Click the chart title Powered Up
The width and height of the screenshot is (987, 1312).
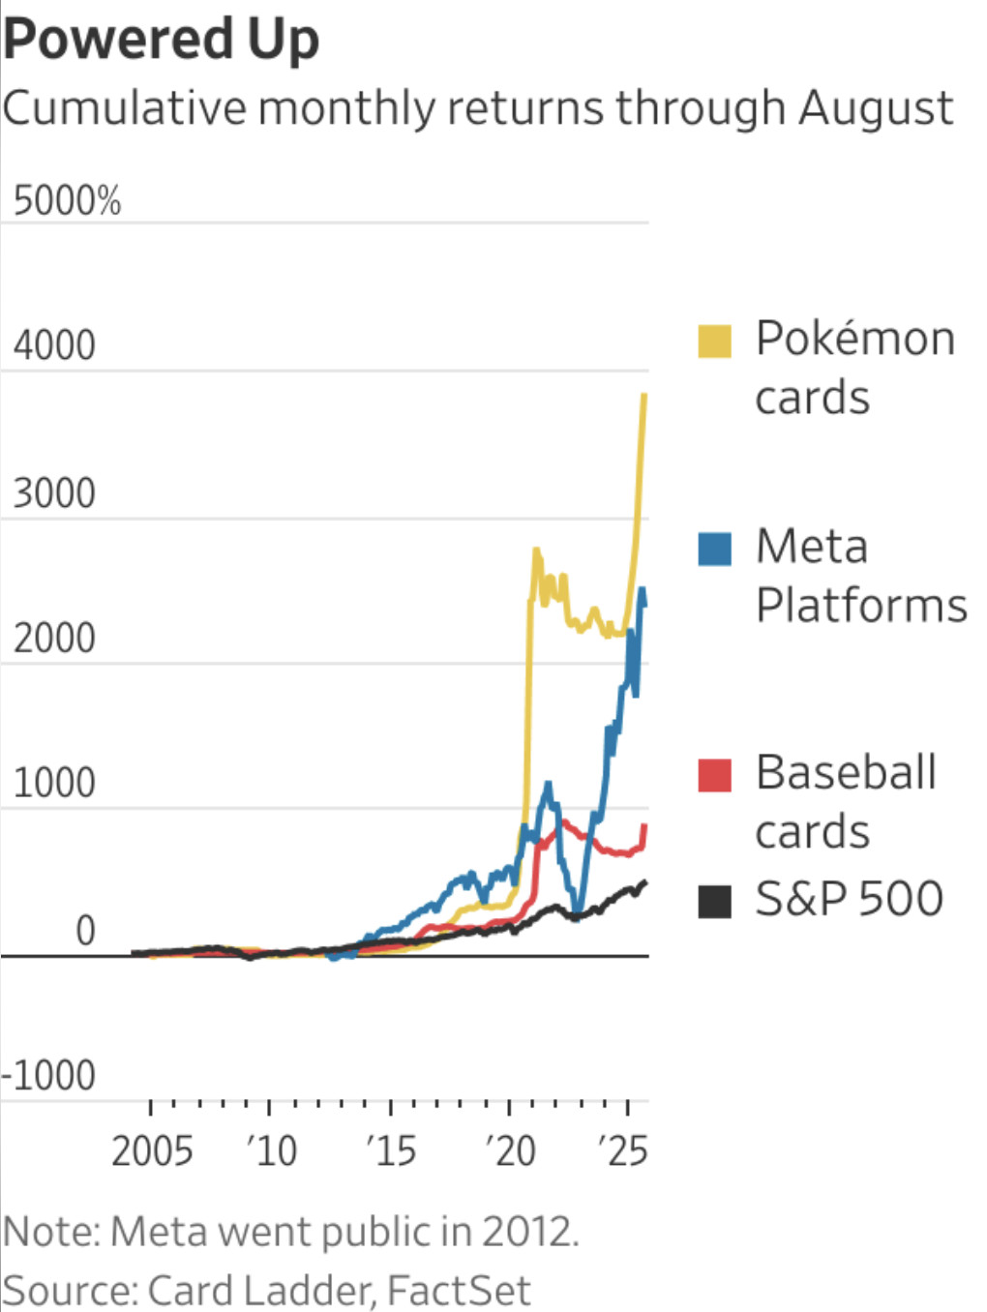[x=161, y=41]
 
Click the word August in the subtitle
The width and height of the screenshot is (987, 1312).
[x=876, y=107]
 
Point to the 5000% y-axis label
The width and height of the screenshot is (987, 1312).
[x=67, y=201]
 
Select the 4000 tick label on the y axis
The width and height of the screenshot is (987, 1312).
[x=54, y=345]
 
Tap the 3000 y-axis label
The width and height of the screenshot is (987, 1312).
[x=54, y=493]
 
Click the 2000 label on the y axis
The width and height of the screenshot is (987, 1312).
[x=54, y=639]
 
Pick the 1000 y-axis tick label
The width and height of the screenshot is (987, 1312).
[x=54, y=783]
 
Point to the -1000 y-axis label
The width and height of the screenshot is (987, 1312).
[x=48, y=1075]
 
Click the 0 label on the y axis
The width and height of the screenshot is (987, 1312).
[x=85, y=931]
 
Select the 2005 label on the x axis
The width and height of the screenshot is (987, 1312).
[x=152, y=1151]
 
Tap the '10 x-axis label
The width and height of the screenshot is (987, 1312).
[x=271, y=1151]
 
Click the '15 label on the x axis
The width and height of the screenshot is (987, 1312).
[x=391, y=1151]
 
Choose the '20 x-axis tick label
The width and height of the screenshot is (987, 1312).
[x=510, y=1151]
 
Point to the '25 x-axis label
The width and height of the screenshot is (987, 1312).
[x=623, y=1151]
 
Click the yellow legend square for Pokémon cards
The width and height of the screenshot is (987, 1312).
[x=714, y=342]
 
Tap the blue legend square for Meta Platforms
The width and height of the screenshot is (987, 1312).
[x=714, y=549]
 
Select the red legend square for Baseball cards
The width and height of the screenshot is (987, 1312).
[x=714, y=775]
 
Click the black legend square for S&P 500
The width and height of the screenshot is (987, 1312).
[x=714, y=901]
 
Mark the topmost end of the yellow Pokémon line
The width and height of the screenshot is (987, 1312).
[x=644, y=395]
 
